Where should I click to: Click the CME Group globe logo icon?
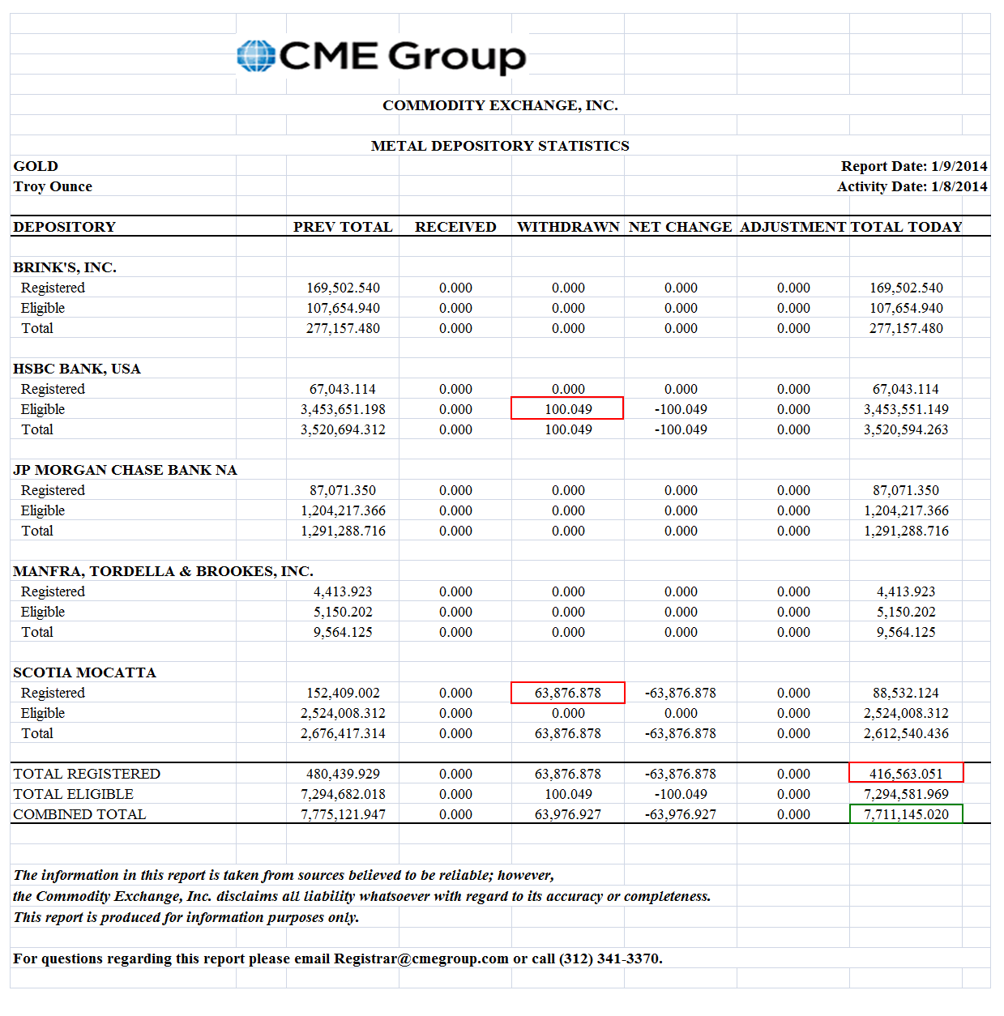256,56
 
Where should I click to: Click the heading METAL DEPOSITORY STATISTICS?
500,146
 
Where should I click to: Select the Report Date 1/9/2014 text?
913,166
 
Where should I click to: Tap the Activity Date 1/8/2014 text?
912,186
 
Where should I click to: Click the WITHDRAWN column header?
568,227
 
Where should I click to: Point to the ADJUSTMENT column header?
793,227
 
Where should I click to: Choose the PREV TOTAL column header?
343,227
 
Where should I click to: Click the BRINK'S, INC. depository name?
65,267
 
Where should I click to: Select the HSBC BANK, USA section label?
77,369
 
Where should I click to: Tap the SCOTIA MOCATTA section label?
84,672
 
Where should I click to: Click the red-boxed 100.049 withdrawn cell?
567,408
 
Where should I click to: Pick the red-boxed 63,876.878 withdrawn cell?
567,693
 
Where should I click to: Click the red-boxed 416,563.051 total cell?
905,774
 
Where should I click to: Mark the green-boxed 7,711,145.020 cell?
905,814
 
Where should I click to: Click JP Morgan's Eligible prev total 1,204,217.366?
343,510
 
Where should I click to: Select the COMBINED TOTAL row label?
79,814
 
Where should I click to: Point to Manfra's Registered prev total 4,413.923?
343,591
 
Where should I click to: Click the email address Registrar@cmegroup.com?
421,958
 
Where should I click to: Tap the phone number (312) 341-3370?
610,958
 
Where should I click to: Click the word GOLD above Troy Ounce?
36,166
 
